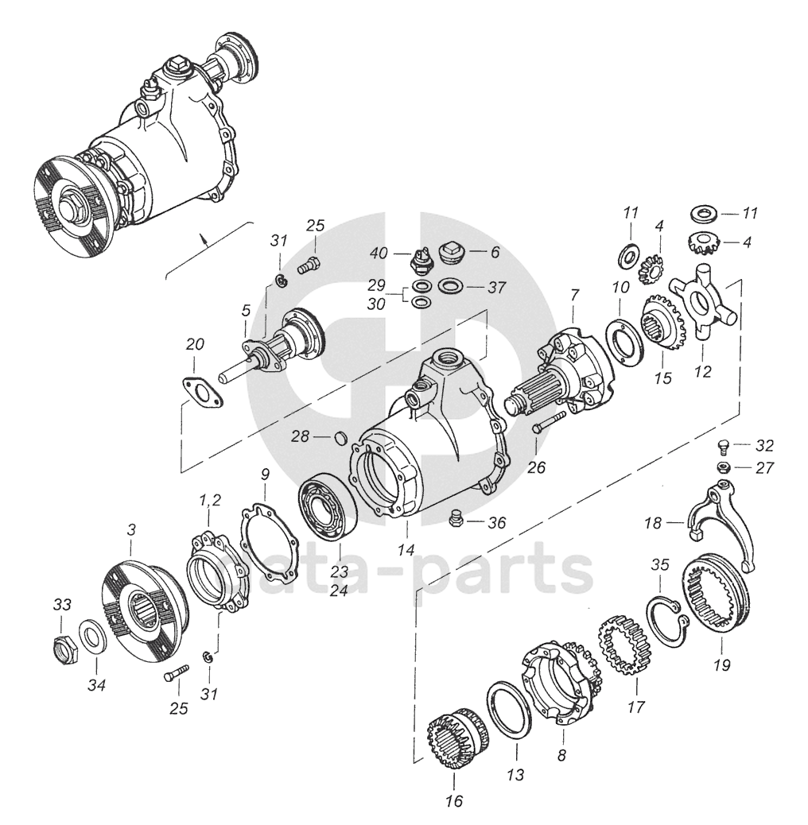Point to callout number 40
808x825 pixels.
point(379,253)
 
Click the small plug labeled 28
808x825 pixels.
point(340,436)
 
